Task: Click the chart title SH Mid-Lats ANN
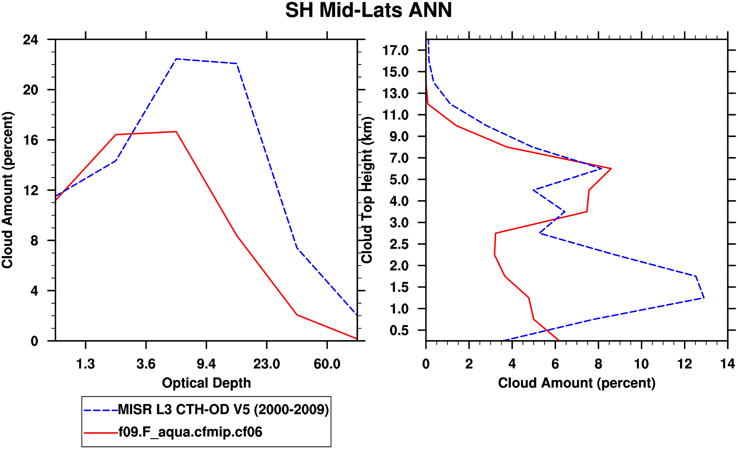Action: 369,11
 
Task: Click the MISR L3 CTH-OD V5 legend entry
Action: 223,410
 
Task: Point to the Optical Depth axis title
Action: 206,383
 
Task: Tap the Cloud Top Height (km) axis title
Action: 367,190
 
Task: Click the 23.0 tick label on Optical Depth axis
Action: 266,364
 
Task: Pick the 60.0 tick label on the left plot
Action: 327,364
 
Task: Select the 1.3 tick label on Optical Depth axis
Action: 86,364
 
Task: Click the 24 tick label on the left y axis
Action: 30,40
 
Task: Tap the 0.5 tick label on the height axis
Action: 399,331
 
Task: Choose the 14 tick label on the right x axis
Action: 727,364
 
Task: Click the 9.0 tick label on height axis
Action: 399,137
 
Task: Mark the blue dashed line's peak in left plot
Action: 176,59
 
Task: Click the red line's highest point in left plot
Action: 176,132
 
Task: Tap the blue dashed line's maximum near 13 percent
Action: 704,298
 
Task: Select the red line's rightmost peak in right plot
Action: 611,169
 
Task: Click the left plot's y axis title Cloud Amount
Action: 7,190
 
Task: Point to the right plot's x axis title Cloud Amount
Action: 577,383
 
